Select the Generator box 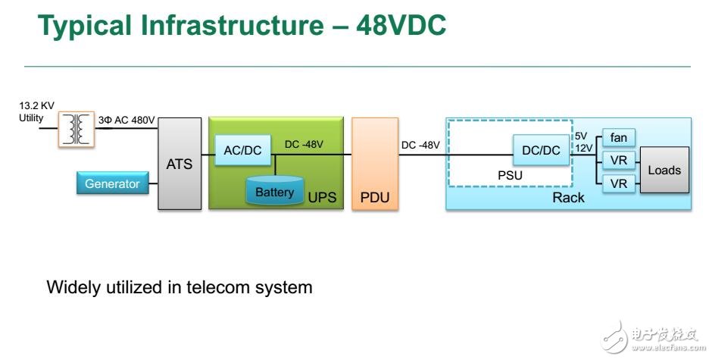point(112,183)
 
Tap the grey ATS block point(180,163)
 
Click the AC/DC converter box point(242,150)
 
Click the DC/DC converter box point(541,150)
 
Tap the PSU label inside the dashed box point(510,176)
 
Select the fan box point(617,138)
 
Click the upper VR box point(617,160)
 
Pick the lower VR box point(617,183)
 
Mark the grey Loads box point(664,170)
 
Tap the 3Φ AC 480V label point(126,120)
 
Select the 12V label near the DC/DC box point(583,149)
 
